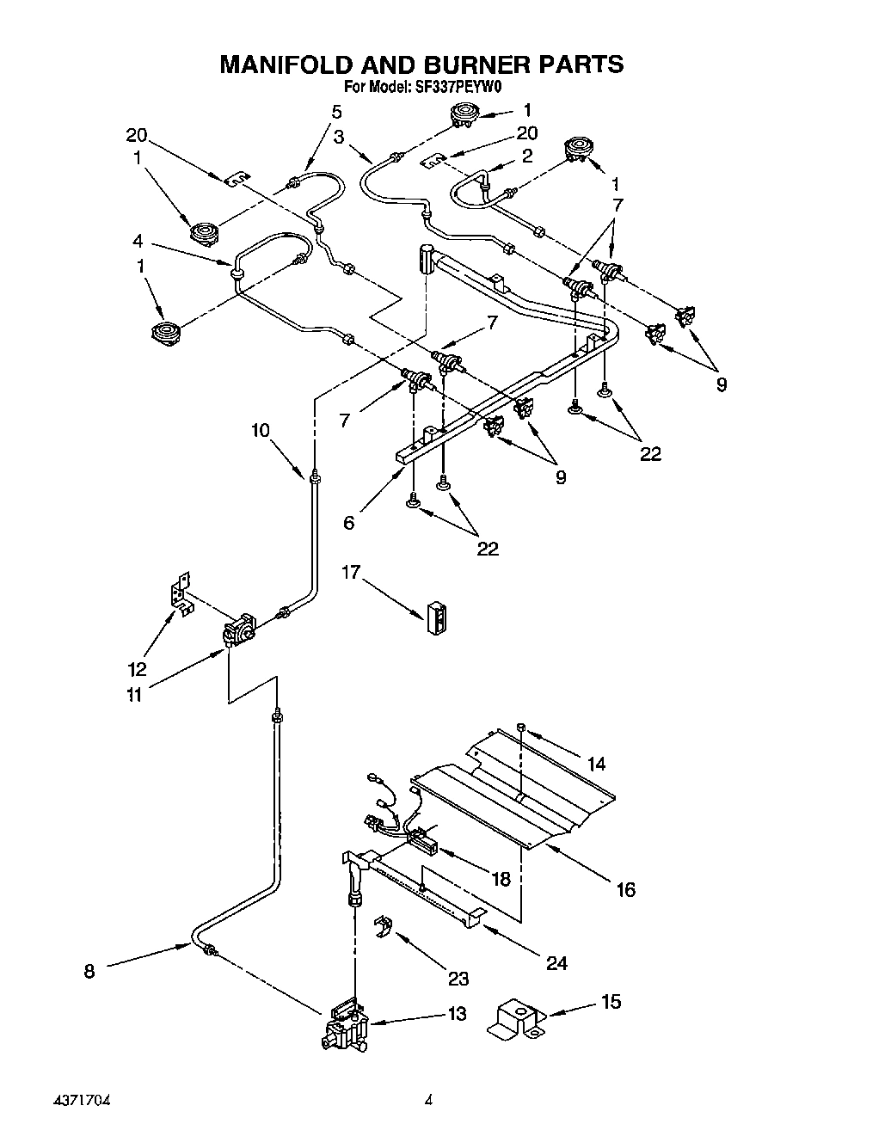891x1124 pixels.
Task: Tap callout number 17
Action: point(351,572)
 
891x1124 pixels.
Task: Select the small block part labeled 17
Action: point(438,617)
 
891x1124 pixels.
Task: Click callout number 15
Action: point(611,1001)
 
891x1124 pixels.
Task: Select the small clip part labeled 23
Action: point(381,928)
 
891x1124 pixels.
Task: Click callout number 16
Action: point(625,889)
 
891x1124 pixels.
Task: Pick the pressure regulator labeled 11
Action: point(238,632)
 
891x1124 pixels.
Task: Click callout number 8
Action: point(89,971)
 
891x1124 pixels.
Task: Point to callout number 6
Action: point(348,522)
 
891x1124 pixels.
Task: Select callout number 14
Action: point(596,763)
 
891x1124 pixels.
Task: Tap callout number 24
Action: point(556,962)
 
